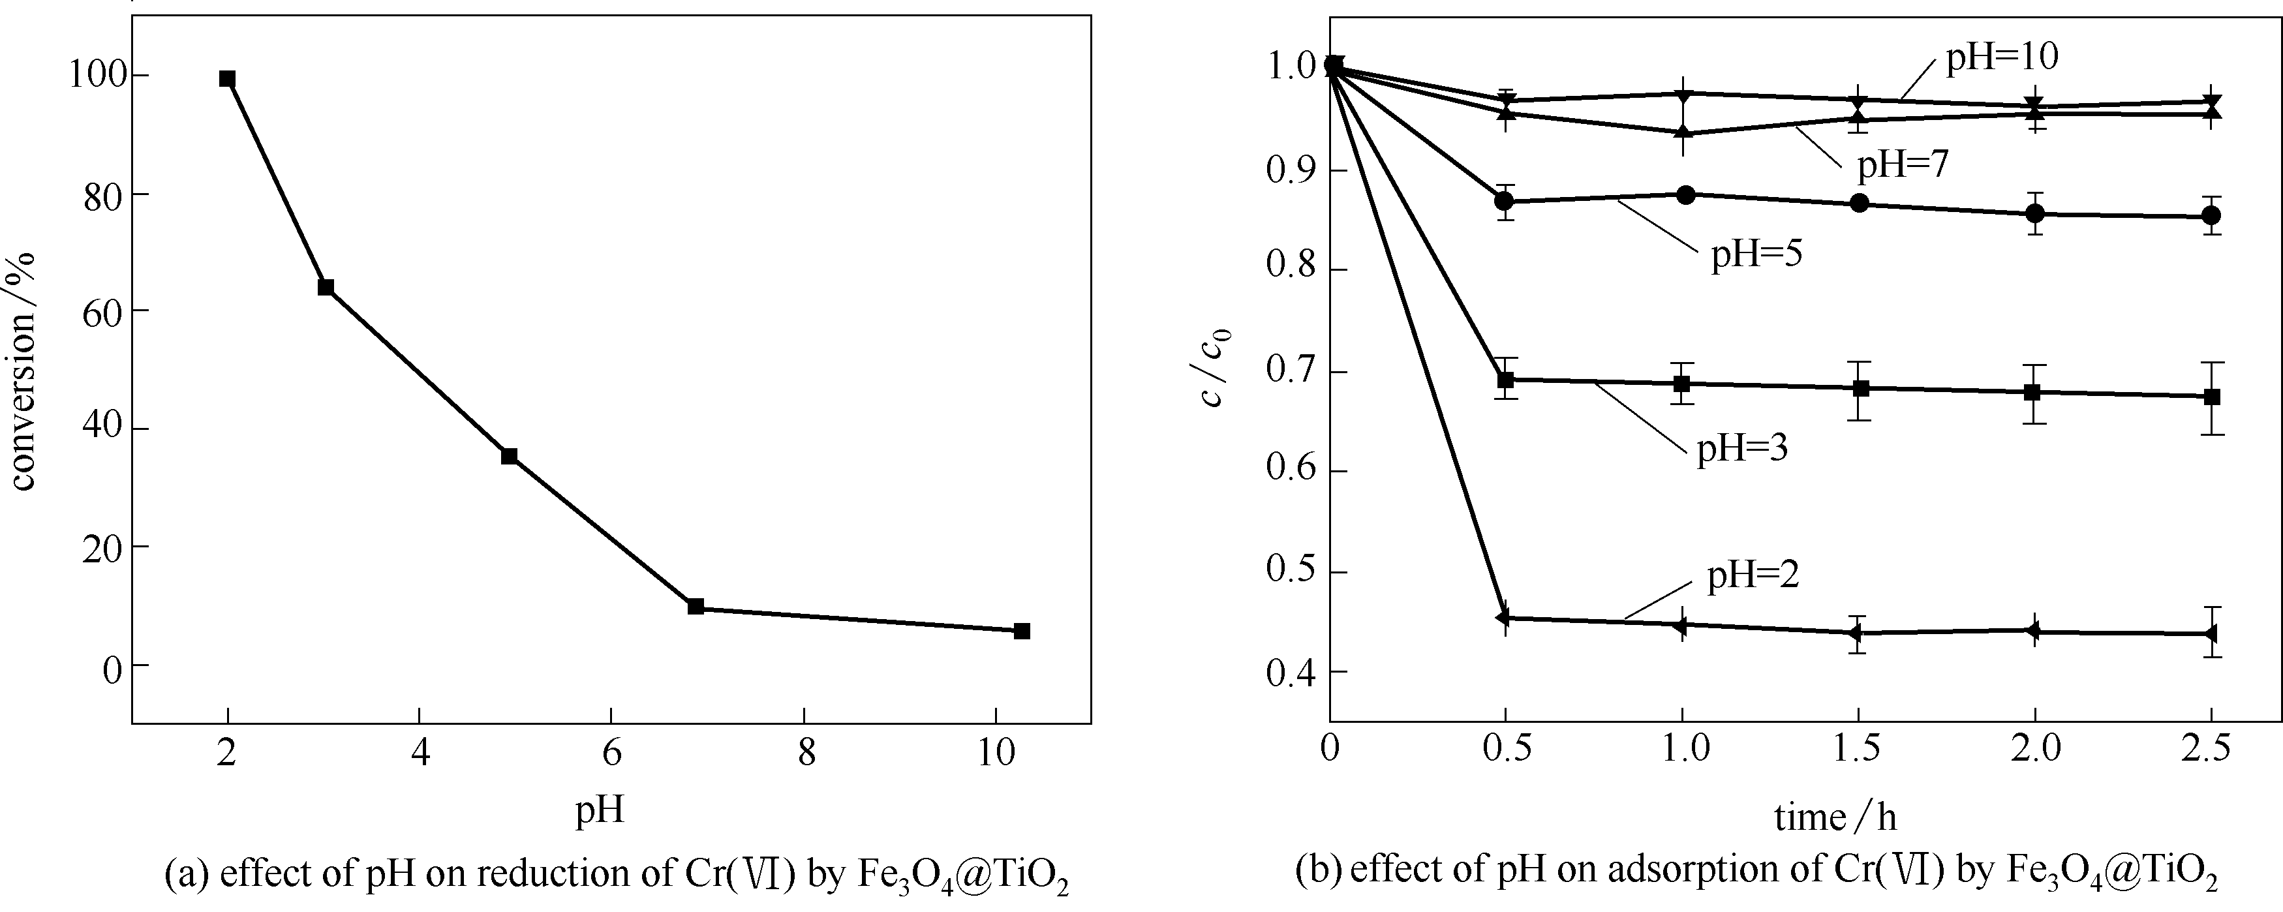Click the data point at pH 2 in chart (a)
[x=227, y=79]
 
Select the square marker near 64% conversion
[x=325, y=287]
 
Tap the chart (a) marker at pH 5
[x=509, y=455]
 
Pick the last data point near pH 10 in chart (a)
[x=1021, y=631]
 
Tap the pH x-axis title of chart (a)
[x=600, y=808]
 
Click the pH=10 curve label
[x=2001, y=56]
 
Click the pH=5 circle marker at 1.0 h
[x=1686, y=195]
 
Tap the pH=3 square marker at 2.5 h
[x=2211, y=397]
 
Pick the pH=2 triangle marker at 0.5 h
[x=1504, y=618]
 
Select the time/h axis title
[x=1835, y=816]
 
